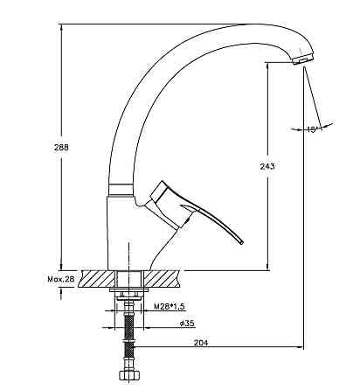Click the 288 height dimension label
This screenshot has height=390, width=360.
click(61, 147)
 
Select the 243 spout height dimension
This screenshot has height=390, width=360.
click(267, 166)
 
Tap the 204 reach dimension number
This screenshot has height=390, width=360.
click(201, 343)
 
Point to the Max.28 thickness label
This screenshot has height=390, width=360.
click(61, 279)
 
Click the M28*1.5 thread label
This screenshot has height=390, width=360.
click(170, 306)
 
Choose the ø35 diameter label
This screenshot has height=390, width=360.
click(187, 323)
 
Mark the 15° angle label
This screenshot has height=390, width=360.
click(312, 129)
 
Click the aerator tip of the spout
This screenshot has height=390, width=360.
click(303, 59)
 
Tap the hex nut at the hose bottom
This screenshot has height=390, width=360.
click(128, 375)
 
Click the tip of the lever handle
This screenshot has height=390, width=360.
click(241, 242)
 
